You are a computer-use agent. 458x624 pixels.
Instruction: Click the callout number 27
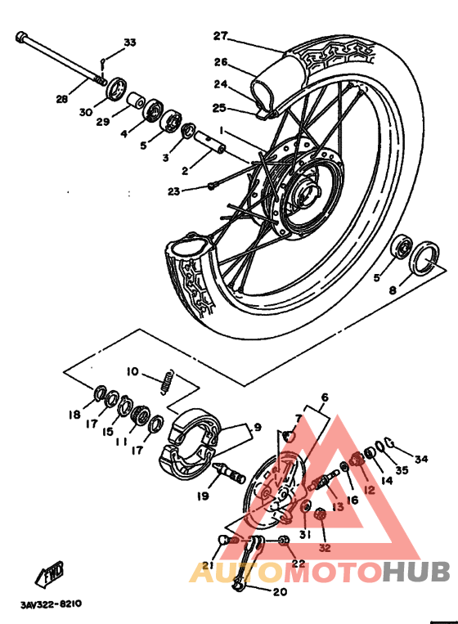219,35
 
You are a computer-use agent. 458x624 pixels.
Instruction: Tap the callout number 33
130,43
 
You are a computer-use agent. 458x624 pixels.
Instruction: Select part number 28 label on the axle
61,100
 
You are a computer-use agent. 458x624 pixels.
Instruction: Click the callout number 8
393,290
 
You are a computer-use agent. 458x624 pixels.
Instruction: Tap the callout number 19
203,496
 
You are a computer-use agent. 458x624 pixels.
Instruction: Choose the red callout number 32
324,547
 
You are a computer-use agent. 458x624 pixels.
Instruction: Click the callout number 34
421,459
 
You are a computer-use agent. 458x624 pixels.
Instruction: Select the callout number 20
279,592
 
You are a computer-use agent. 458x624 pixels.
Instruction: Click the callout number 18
74,415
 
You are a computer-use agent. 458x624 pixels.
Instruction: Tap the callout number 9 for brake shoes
256,426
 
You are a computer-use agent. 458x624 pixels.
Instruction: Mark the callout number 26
220,61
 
